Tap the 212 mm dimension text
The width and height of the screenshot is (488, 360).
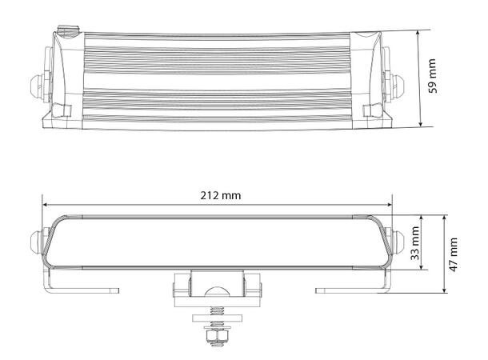[222, 195]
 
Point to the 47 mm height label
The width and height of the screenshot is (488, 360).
[454, 254]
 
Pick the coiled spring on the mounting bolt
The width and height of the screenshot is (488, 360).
[215, 312]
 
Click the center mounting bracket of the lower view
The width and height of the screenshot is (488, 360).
[215, 286]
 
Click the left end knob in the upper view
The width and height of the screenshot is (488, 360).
[37, 82]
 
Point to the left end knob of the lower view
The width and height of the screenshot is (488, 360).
[37, 239]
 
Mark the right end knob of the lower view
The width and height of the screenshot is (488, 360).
[395, 239]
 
